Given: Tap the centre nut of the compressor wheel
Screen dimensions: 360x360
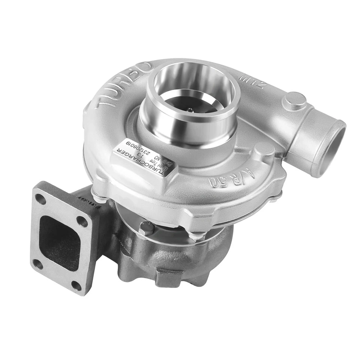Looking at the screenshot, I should pos(190,110).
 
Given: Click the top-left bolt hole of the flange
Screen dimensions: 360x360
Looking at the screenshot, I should pos(40,199).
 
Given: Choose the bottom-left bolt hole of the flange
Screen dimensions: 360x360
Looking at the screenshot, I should pos(37,264).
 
